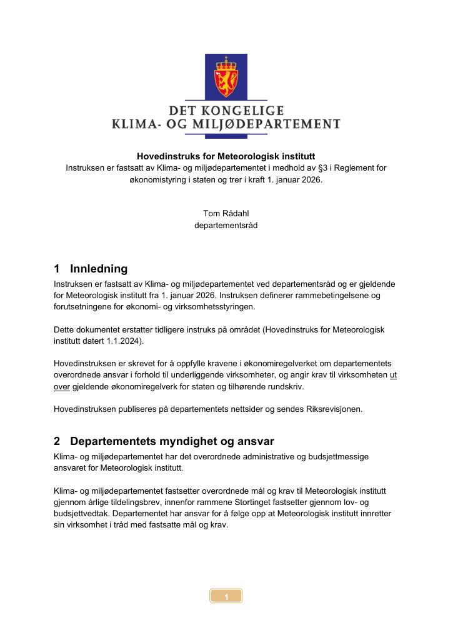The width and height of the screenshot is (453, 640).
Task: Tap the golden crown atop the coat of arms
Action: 226,62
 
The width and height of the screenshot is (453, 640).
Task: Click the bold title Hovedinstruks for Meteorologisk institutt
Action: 226,156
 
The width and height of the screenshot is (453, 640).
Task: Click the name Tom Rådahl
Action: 226,214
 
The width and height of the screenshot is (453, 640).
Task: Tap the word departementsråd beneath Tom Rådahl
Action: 226,226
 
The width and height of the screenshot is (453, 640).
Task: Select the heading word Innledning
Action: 99,269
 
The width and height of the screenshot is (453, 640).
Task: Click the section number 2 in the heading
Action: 57,441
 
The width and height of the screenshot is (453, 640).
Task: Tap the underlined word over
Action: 63,386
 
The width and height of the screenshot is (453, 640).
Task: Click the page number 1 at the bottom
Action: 226,597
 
